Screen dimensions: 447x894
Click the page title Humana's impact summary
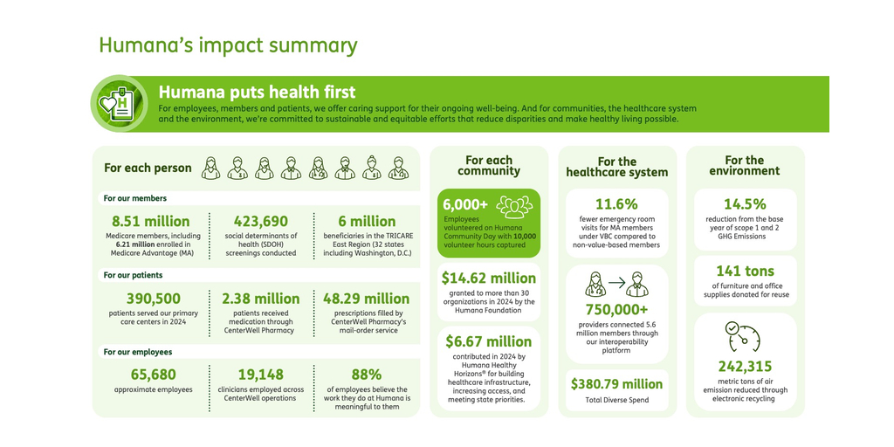click(228, 45)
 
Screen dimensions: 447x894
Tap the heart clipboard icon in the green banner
click(120, 104)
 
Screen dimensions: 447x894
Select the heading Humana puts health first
click(257, 92)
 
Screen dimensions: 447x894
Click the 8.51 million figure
click(151, 222)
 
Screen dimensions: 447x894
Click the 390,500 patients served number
click(153, 299)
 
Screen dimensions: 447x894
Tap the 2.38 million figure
click(260, 299)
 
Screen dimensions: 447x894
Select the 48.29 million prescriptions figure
click(367, 299)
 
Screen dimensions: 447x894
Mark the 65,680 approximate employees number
click(153, 375)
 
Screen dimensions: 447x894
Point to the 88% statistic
click(367, 375)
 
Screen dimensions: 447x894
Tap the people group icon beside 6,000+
click(513, 206)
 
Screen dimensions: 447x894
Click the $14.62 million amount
click(489, 279)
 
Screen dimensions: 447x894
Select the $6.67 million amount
click(489, 341)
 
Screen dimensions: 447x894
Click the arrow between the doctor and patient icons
click(617, 283)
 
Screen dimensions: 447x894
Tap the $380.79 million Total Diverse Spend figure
click(617, 384)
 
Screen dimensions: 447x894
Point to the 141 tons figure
click(746, 272)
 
